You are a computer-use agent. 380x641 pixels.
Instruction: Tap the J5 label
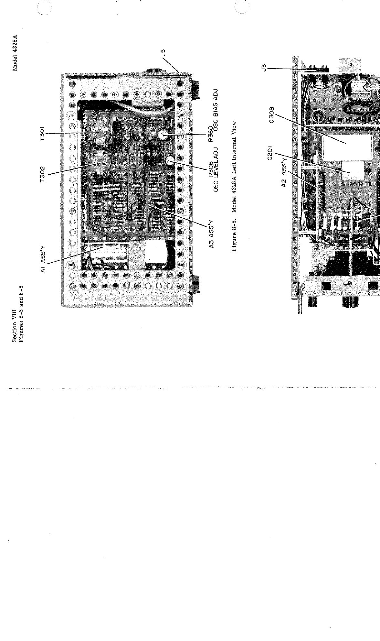(x=164, y=53)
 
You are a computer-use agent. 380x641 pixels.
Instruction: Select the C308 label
(x=270, y=115)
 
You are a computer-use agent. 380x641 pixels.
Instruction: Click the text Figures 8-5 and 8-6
(x=22, y=313)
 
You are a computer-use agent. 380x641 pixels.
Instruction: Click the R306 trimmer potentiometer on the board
(x=169, y=151)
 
